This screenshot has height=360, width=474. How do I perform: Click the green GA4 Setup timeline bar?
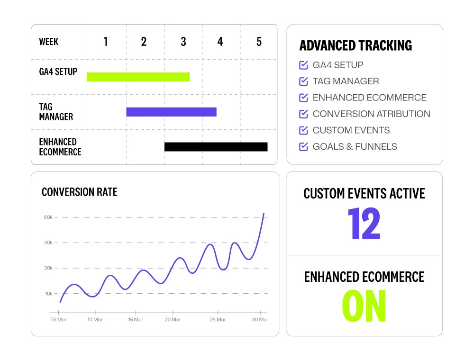pos(138,77)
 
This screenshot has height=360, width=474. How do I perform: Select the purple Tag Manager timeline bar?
pos(171,112)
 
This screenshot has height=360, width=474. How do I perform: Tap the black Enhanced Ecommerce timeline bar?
pos(216,147)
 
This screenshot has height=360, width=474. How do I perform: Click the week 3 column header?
pos(183,42)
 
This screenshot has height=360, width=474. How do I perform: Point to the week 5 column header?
pos(259,42)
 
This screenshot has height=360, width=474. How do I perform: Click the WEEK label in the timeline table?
pos(49,42)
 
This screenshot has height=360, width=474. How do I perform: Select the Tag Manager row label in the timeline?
pos(56,112)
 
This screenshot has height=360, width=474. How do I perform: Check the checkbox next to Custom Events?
pos(304,130)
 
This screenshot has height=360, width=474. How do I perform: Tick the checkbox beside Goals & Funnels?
pos(304,146)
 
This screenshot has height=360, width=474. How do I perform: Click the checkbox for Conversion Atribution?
pos(304,114)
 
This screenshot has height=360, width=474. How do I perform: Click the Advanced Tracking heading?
pos(355,46)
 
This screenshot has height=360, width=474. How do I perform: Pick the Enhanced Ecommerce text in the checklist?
pos(369,98)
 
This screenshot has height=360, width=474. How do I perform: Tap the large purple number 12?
pos(364,224)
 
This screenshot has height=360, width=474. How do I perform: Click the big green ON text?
pos(364,306)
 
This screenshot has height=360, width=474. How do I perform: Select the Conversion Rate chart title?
pos(79,192)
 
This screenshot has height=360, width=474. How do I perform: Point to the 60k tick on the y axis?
pos(48,217)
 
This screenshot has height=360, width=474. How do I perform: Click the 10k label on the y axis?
pos(48,294)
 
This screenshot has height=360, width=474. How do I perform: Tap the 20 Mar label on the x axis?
pos(173,320)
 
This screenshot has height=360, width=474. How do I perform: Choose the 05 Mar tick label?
pos(58,320)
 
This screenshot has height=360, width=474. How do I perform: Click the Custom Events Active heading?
pos(364,193)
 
